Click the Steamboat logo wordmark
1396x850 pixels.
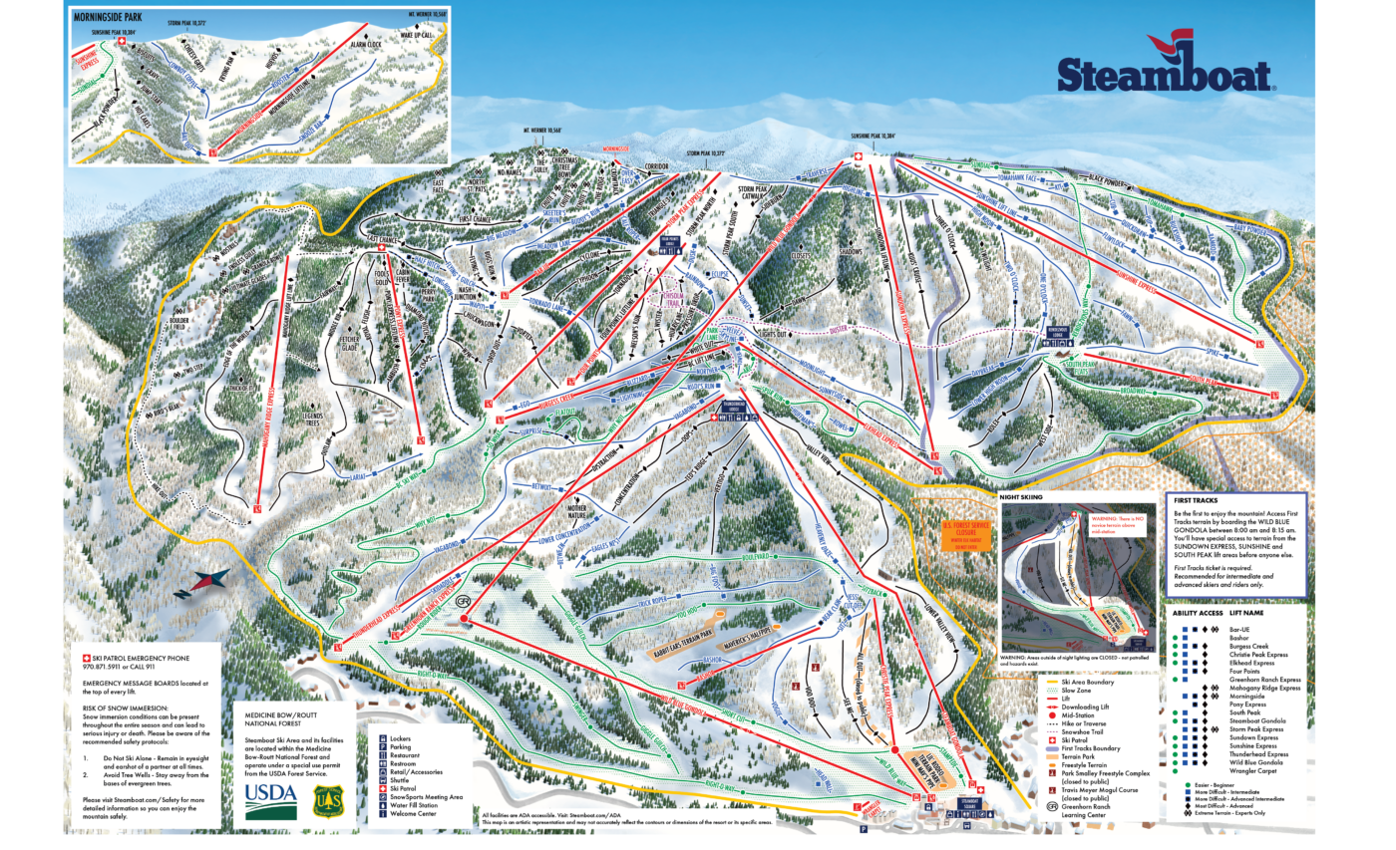(x=1165, y=76)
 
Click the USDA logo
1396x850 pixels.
(x=271, y=797)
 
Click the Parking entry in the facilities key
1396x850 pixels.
(x=403, y=746)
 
